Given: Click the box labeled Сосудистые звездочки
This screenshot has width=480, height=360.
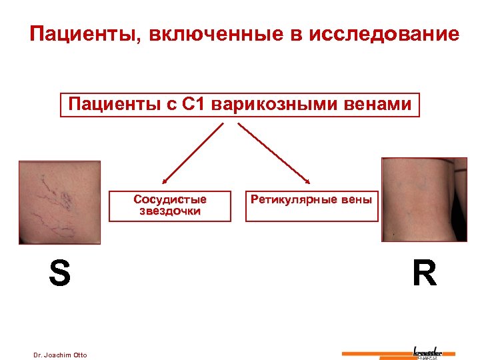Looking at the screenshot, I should point(170,205).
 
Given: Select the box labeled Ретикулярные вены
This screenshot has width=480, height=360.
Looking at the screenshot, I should point(311,205).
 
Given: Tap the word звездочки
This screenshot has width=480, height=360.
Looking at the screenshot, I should point(170,211).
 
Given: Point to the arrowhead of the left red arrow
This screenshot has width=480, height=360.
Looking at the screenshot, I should point(164,181).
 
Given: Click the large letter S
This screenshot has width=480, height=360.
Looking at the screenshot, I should point(59,273).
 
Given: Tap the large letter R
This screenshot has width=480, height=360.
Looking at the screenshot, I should point(424,273).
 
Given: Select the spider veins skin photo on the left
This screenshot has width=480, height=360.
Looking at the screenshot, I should point(59,201).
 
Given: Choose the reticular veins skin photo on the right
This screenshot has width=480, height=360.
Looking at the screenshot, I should point(423,199).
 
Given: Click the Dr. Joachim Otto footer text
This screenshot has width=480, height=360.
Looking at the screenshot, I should point(60,355).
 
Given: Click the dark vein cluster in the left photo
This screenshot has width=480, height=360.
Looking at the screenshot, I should point(66,197).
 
